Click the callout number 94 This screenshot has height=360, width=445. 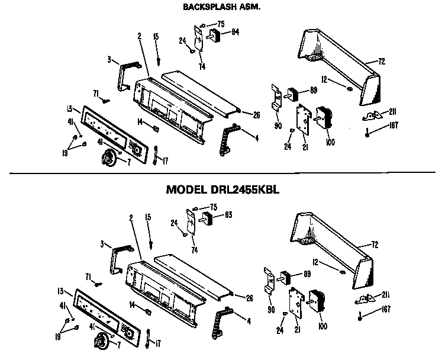tap(235, 32)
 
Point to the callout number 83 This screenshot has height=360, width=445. tap(228, 215)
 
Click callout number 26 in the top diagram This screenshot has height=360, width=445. tap(256, 115)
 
